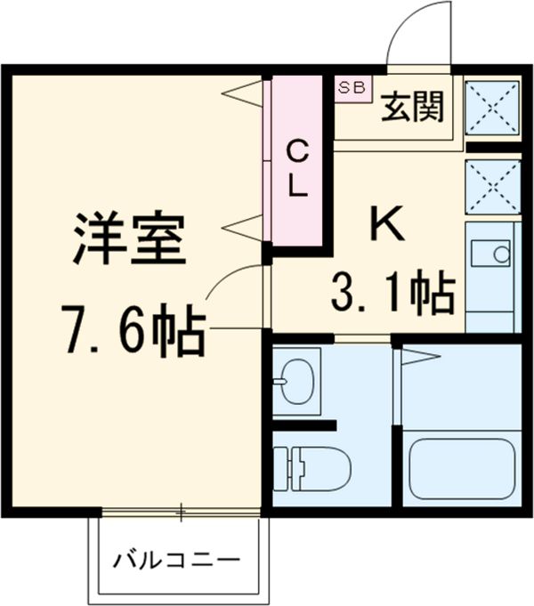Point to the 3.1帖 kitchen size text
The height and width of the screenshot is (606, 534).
point(392,291)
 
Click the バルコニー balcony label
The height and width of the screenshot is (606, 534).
point(176,561)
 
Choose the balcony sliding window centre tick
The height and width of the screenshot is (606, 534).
point(182,512)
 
